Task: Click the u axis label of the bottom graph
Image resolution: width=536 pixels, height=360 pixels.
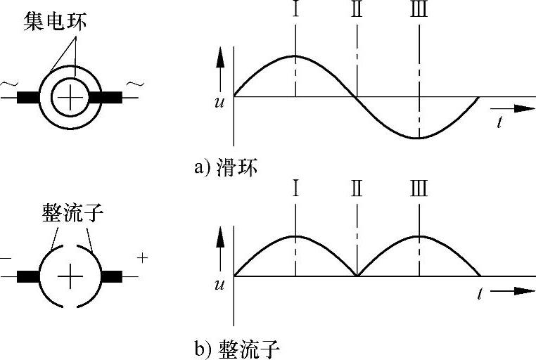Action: click(x=221, y=285)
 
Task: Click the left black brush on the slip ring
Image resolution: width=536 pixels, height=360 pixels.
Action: click(x=29, y=97)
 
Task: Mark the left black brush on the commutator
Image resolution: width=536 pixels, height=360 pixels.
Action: click(x=29, y=277)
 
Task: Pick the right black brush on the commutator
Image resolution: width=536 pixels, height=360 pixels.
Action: click(x=111, y=277)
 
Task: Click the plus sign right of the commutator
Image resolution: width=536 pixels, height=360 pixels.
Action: click(x=143, y=257)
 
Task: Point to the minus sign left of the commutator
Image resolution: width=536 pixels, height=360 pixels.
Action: click(x=6, y=258)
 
